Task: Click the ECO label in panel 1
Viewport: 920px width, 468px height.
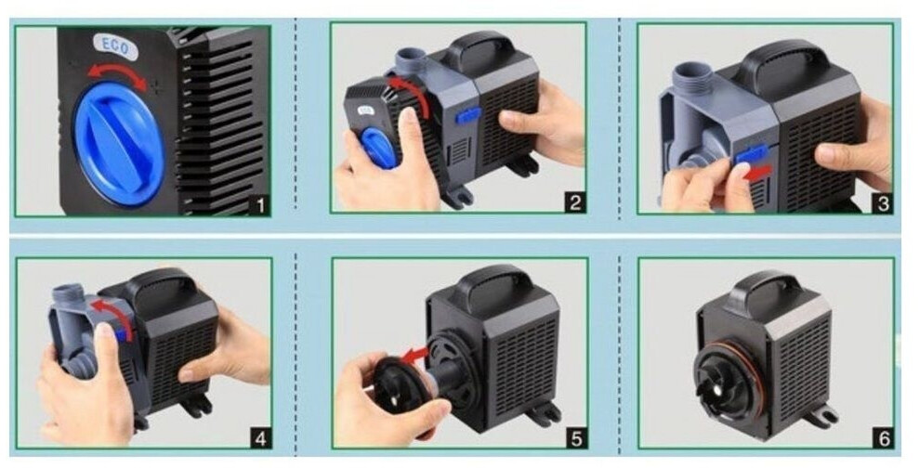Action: (x=115, y=47)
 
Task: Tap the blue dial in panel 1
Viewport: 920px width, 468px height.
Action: (x=119, y=144)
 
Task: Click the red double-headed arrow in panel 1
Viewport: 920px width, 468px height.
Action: (x=117, y=74)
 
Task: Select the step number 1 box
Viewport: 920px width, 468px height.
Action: (x=259, y=205)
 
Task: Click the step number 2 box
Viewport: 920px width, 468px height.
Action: (x=575, y=202)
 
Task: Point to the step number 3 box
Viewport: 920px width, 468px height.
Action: (x=883, y=203)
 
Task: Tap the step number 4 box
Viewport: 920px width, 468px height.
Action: (x=261, y=438)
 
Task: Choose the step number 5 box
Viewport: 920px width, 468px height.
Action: (x=577, y=438)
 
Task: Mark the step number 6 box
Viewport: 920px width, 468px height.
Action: (x=884, y=438)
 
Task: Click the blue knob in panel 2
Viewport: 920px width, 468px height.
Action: (x=378, y=148)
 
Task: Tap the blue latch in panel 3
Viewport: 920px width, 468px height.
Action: (x=752, y=155)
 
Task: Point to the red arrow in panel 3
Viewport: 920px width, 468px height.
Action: (x=762, y=172)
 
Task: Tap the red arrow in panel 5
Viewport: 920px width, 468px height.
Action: (x=415, y=355)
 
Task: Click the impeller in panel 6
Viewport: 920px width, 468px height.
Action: (x=724, y=383)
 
